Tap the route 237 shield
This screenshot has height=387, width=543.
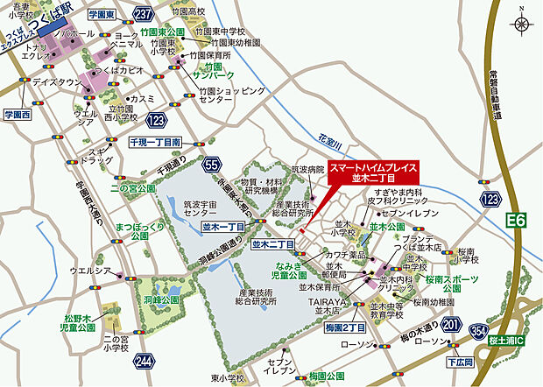(145, 14)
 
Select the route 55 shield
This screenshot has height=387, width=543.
(209, 164)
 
